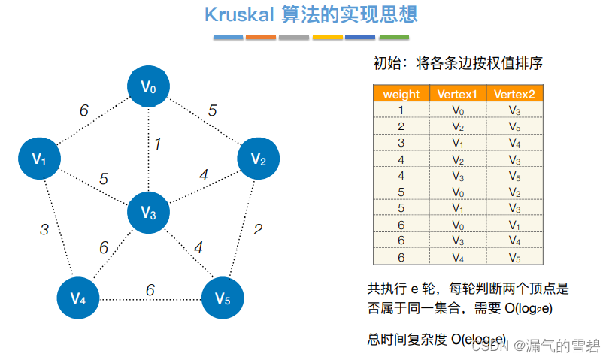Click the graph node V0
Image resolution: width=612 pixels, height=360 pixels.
pyautogui.click(x=149, y=88)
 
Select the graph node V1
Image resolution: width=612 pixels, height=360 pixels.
pyautogui.click(x=40, y=159)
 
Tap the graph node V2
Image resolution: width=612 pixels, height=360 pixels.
pyautogui.click(x=259, y=159)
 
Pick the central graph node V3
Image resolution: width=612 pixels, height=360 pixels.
pyautogui.click(x=149, y=213)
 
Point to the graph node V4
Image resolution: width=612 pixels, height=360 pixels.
pyautogui.click(x=79, y=298)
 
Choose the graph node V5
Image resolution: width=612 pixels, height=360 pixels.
pyautogui.click(x=223, y=298)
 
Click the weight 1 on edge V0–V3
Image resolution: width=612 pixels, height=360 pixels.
pyautogui.click(x=158, y=144)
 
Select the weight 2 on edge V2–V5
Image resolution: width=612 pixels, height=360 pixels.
pyautogui.click(x=258, y=229)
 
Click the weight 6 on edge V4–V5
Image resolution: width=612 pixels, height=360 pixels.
pyautogui.click(x=150, y=289)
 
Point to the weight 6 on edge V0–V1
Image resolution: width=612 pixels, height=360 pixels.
pyautogui.click(x=84, y=110)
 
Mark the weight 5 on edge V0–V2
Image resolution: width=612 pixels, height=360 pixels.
pyautogui.click(x=213, y=110)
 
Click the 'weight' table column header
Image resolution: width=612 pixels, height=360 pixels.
pyautogui.click(x=401, y=95)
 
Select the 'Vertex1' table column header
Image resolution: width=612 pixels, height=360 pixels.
pyautogui.click(x=458, y=95)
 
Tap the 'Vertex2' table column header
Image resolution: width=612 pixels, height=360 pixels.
pyautogui.click(x=515, y=95)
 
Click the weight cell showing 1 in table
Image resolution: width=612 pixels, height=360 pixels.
pyautogui.click(x=401, y=110)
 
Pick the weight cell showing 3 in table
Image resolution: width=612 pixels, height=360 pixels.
pyautogui.click(x=401, y=143)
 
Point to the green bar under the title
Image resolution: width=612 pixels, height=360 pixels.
pyautogui.click(x=394, y=37)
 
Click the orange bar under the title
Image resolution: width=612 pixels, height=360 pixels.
pyautogui.click(x=261, y=37)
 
